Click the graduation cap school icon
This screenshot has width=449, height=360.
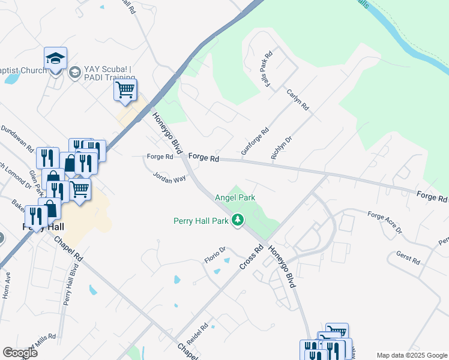pyautogui.click(x=55, y=59)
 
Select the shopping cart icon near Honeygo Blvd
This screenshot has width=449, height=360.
pyautogui.click(x=125, y=90)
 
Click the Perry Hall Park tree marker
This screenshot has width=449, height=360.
pyautogui.click(x=238, y=221)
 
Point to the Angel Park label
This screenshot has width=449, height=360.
pyautogui.click(x=235, y=197)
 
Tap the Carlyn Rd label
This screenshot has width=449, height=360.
pyautogui.click(x=298, y=100)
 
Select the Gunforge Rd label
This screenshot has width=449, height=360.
pyautogui.click(x=255, y=142)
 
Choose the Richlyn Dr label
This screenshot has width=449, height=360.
pyautogui.click(x=282, y=148)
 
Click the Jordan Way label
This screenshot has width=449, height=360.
pyautogui.click(x=169, y=178)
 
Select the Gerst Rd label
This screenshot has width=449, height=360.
pyautogui.click(x=408, y=258)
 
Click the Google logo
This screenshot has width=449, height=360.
pyautogui.click(x=20, y=353)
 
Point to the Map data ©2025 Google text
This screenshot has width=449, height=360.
pyautogui.click(x=411, y=355)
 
